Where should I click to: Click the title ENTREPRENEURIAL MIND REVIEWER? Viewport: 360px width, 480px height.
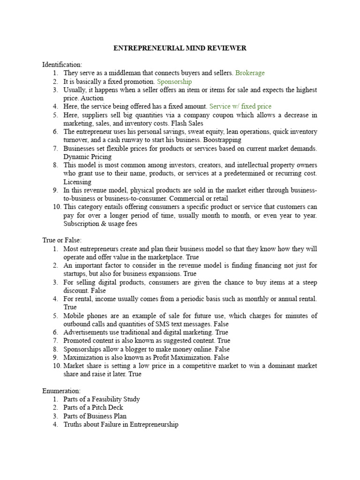coord(180,48)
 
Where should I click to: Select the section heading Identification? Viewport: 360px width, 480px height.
coord(62,64)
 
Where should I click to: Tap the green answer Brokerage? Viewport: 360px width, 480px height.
coord(250,73)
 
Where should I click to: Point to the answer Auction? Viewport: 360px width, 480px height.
coord(92,98)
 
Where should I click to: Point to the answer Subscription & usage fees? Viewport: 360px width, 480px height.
coord(100,224)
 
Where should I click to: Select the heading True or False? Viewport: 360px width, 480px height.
coord(62,240)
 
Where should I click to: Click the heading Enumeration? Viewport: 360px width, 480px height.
coord(61,390)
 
